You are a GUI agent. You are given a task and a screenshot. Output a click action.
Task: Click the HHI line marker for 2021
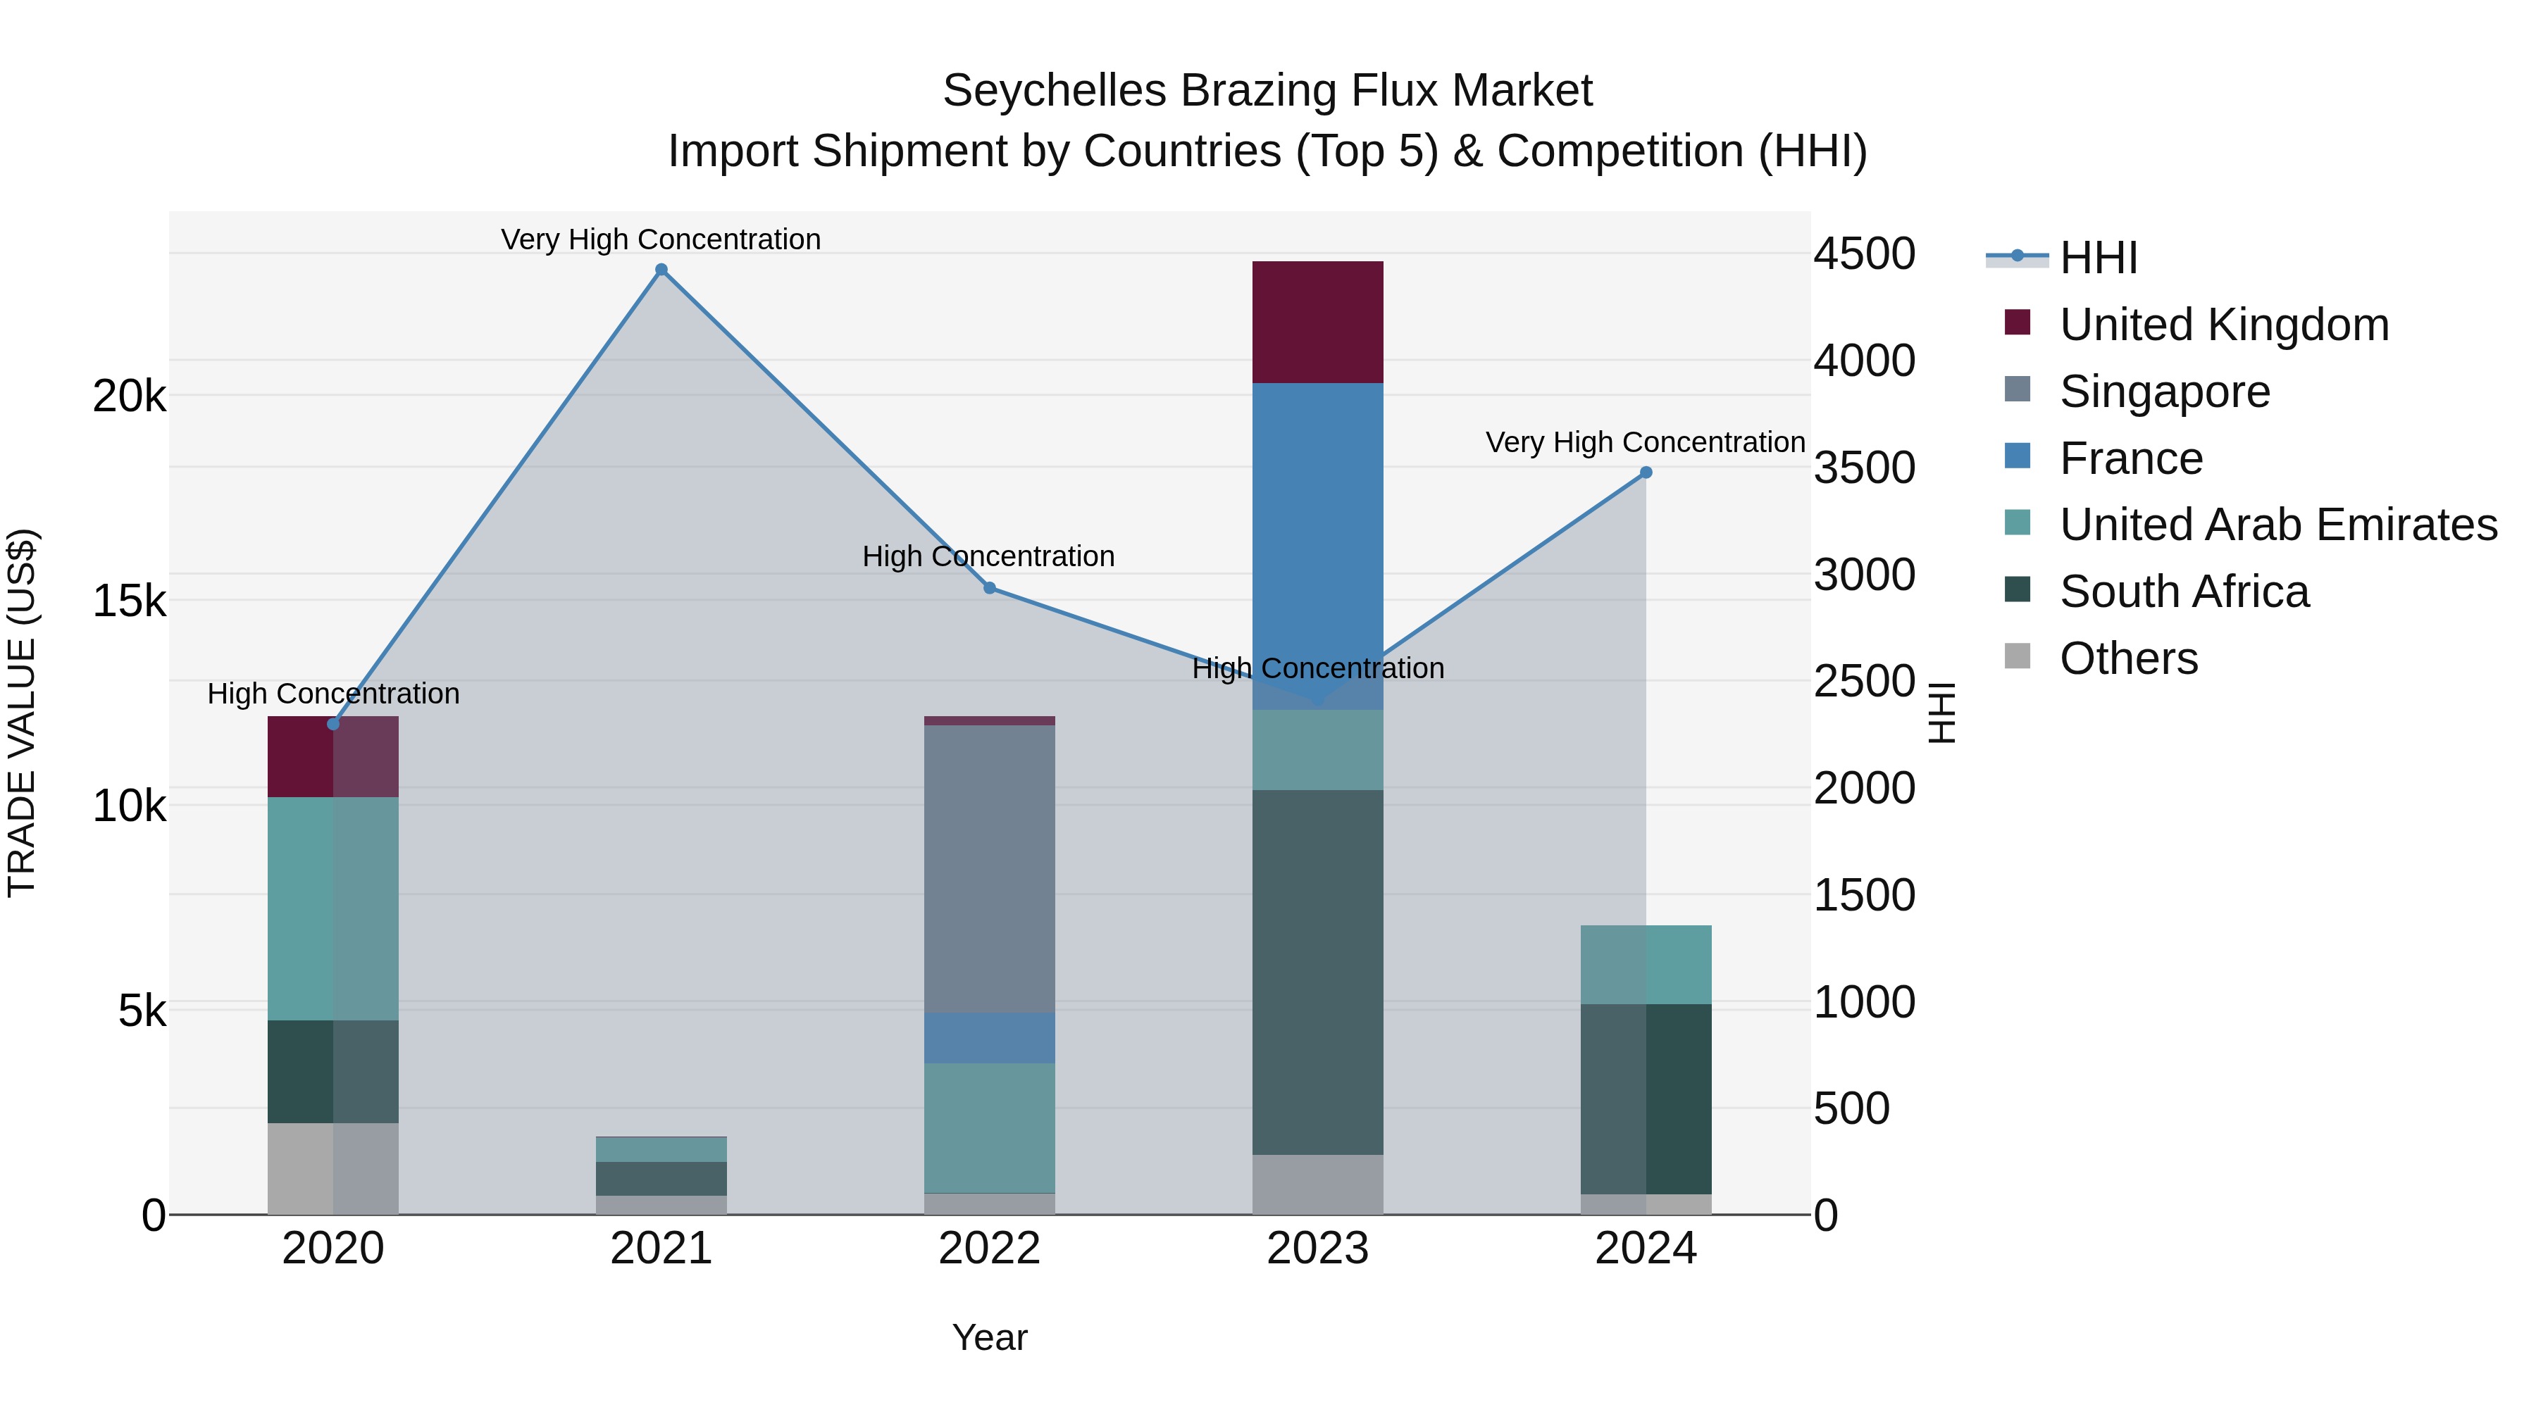[x=661, y=270]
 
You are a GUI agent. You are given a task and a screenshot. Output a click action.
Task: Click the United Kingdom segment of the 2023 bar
[x=1317, y=322]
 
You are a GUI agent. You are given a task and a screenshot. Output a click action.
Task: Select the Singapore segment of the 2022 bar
[x=990, y=868]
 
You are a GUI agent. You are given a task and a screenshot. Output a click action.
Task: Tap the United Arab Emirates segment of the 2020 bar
[x=332, y=908]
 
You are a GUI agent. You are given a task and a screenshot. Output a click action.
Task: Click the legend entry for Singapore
[x=2164, y=392]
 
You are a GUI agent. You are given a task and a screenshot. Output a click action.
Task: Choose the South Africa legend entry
[x=2184, y=592]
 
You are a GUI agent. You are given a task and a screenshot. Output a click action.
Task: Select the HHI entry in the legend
[x=2098, y=258]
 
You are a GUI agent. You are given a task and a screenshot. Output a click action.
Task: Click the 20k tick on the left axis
[x=129, y=396]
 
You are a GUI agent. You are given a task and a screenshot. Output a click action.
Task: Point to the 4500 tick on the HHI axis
[x=1863, y=254]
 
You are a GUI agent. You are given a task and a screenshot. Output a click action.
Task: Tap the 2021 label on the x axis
[x=661, y=1249]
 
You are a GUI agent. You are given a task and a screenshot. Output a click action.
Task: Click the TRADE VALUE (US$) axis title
[x=22, y=713]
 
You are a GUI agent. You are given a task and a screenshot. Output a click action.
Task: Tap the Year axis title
[x=990, y=1337]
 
